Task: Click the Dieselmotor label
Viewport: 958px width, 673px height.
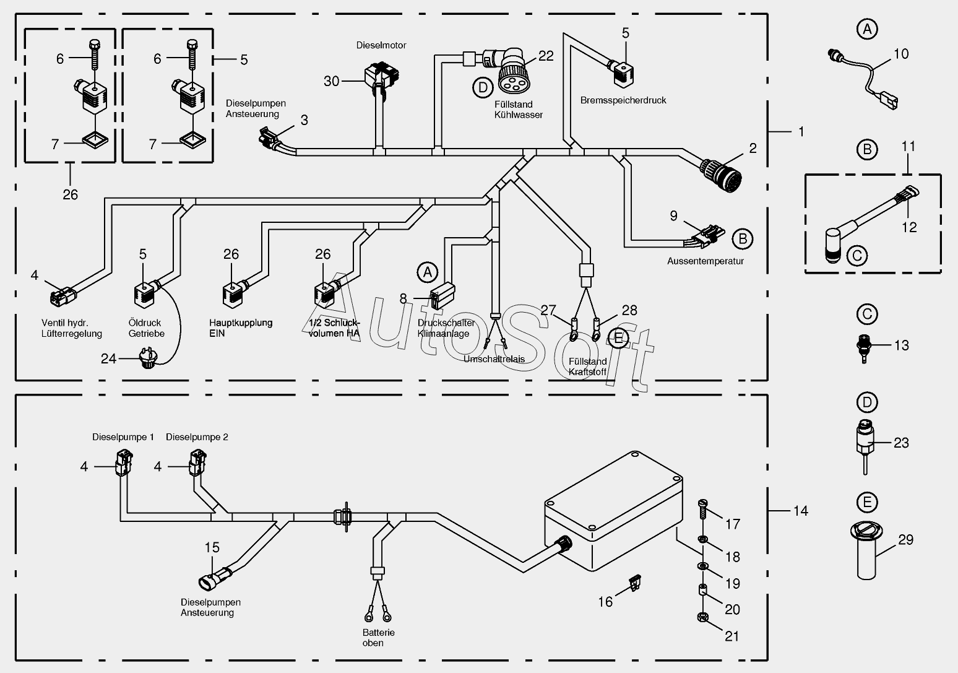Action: [x=381, y=45]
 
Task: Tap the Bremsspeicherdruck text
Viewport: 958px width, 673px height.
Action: [x=623, y=100]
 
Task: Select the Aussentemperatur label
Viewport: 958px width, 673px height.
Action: [x=706, y=261]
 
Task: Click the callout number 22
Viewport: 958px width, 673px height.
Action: [x=546, y=56]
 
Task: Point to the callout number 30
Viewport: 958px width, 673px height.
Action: [x=332, y=81]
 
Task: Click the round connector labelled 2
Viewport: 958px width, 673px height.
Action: [x=720, y=175]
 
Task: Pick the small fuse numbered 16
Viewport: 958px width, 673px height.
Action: [x=635, y=583]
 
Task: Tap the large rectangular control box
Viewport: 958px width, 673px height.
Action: [x=614, y=511]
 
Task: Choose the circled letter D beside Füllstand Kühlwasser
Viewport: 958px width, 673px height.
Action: [x=483, y=88]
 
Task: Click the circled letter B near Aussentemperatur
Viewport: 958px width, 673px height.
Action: [x=743, y=239]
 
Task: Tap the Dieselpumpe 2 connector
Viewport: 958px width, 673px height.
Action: [x=197, y=462]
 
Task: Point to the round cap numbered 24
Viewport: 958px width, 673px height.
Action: [x=148, y=358]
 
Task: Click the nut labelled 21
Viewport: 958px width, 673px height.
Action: [x=703, y=617]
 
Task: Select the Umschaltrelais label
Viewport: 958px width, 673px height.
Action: [x=494, y=359]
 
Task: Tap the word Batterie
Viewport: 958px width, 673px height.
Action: [x=379, y=632]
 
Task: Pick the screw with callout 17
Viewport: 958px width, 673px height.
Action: [x=702, y=509]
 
